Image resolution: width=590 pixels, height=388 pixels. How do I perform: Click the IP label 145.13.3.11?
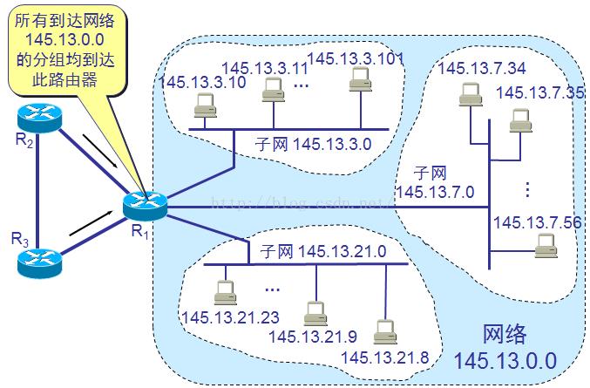click(256, 66)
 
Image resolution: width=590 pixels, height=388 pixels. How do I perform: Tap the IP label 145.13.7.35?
click(540, 92)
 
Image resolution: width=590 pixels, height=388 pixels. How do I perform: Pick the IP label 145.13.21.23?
click(220, 317)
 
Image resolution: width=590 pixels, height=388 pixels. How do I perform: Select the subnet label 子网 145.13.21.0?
click(323, 252)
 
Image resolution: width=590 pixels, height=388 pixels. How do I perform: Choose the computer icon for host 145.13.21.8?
click(381, 331)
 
